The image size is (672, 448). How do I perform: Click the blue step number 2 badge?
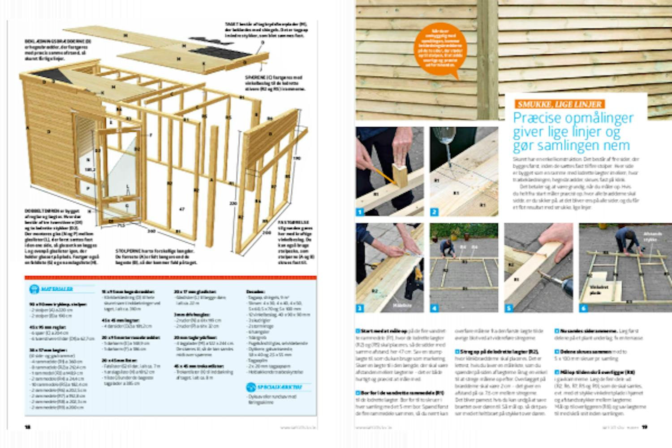[x=435, y=212]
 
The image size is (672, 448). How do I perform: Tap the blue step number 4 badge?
[x=435, y=308]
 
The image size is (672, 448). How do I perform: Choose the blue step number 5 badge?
[x=509, y=308]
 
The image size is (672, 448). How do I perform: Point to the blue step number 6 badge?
[x=583, y=308]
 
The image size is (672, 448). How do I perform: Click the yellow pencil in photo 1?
[x=383, y=175]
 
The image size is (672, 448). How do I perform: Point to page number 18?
[x=28, y=427]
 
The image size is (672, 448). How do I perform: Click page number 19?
[x=645, y=427]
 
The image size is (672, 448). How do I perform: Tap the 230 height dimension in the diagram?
[x=233, y=203]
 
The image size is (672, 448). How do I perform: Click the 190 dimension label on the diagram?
[x=296, y=158]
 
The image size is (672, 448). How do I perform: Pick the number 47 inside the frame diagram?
[x=181, y=209]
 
